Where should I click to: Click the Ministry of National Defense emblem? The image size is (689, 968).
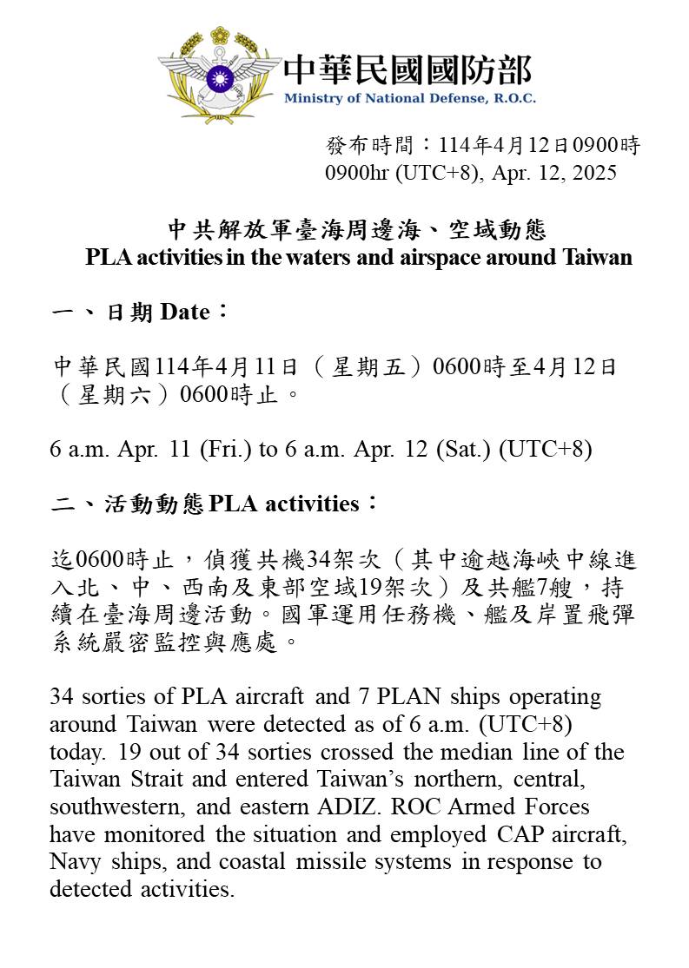[x=219, y=76]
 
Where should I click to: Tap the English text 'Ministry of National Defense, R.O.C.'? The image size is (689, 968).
[x=409, y=98]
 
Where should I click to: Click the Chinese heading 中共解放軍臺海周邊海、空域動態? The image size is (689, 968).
[x=357, y=229]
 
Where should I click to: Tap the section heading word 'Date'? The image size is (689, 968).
[x=184, y=312]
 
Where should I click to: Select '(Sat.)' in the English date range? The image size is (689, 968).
[x=467, y=450]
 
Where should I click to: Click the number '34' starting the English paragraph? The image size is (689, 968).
[x=61, y=697]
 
